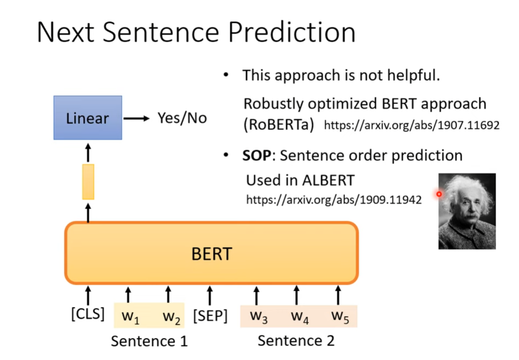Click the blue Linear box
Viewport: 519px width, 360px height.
[x=88, y=118]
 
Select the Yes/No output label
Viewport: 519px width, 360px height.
[x=182, y=118]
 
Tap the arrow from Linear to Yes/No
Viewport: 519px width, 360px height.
[x=136, y=118]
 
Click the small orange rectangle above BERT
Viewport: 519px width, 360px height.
[x=88, y=182]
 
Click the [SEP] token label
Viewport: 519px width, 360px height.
[x=210, y=316]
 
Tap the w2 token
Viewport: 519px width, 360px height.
[x=171, y=317]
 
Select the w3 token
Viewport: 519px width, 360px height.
[x=259, y=316]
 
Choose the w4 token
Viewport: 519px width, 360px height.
[x=299, y=317]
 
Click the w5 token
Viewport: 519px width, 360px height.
[x=340, y=316]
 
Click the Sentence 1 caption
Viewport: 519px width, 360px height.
[x=149, y=341]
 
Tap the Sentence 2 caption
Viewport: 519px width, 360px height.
[x=296, y=340]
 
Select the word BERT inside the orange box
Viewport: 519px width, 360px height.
[x=211, y=254]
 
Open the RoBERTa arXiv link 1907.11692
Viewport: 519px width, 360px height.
[x=411, y=125]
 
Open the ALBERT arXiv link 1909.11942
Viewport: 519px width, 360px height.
[x=334, y=200]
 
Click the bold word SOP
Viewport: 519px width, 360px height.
[x=256, y=155]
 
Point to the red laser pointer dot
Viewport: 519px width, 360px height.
[x=439, y=194]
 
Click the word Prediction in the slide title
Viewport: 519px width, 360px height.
[x=291, y=33]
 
